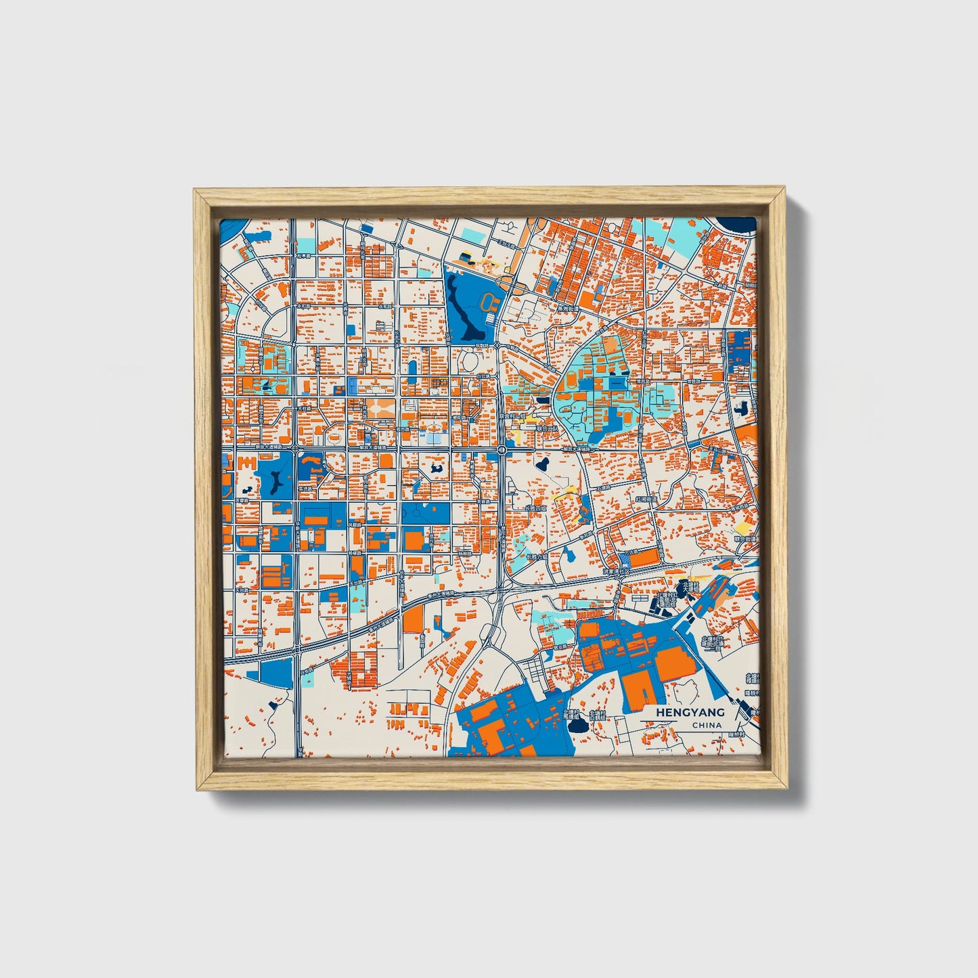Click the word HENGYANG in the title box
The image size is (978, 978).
tap(690, 712)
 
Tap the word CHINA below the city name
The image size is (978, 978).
tap(707, 725)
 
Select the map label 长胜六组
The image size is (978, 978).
tap(537, 557)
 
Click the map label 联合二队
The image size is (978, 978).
tap(547, 428)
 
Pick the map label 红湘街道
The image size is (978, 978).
tap(646, 498)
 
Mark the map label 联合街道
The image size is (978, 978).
tap(745, 539)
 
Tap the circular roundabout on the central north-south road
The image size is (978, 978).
tap(502, 449)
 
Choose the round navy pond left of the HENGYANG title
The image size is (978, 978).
tap(579, 726)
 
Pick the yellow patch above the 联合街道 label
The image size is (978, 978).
tap(742, 527)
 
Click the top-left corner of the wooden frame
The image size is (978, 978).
tap(195, 191)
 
